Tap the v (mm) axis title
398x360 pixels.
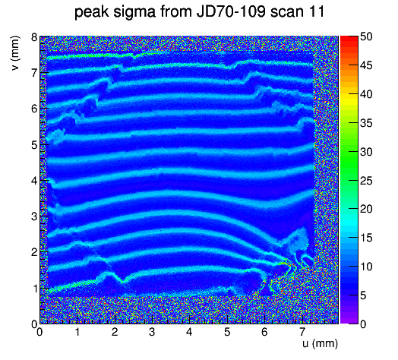tap(15, 53)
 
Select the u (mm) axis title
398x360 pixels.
tap(320, 343)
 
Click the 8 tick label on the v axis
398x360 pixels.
tap(34, 37)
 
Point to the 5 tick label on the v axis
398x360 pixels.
tap(34, 145)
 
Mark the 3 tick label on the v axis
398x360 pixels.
tap(34, 216)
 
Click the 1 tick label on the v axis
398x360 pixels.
tap(34, 289)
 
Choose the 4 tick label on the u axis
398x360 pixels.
tap(189, 332)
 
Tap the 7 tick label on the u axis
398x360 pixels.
tap(302, 332)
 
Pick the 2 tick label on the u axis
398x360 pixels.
tap(115, 332)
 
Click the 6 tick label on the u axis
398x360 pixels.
tap(264, 332)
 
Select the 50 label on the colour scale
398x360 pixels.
tap(366, 36)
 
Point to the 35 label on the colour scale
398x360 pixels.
tap(366, 123)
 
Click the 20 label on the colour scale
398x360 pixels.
tap(366, 209)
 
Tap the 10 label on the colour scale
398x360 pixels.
tap(366, 267)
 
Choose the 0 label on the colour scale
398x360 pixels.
tap(363, 324)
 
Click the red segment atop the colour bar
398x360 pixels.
tap(349, 39)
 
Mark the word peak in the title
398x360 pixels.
tap(92, 11)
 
